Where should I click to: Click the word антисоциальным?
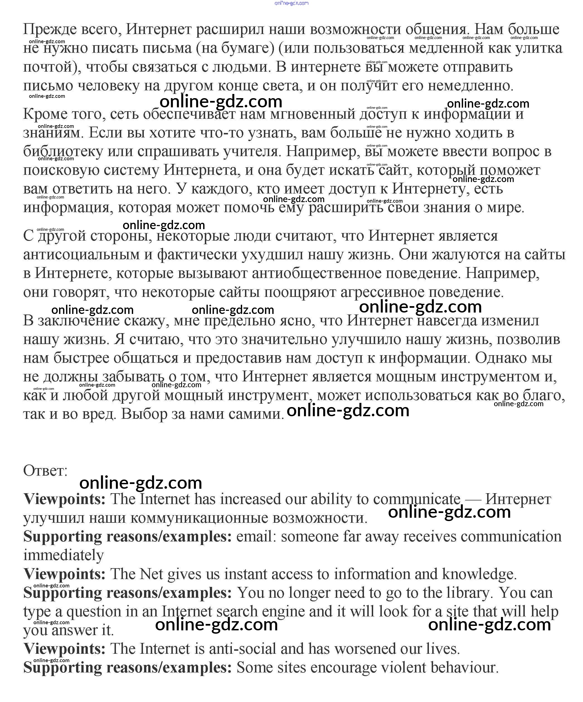82,255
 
